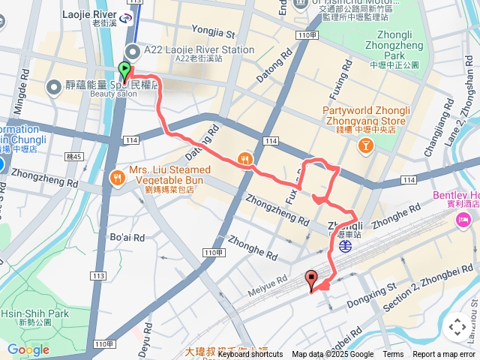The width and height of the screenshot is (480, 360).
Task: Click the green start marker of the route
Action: [124, 72]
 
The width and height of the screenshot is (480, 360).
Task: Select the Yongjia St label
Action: [213, 33]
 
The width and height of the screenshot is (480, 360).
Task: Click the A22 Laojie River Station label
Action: [199, 51]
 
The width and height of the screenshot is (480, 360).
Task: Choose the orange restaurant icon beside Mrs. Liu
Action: [116, 178]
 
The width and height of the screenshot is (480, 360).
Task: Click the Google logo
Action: [28, 349]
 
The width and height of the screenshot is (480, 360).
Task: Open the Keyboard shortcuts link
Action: [250, 355]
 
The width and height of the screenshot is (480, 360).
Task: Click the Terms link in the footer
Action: [393, 355]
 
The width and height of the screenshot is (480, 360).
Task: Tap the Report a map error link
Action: [444, 355]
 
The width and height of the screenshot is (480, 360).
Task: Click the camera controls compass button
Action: [457, 327]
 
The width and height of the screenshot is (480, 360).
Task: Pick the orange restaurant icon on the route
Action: [244, 159]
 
